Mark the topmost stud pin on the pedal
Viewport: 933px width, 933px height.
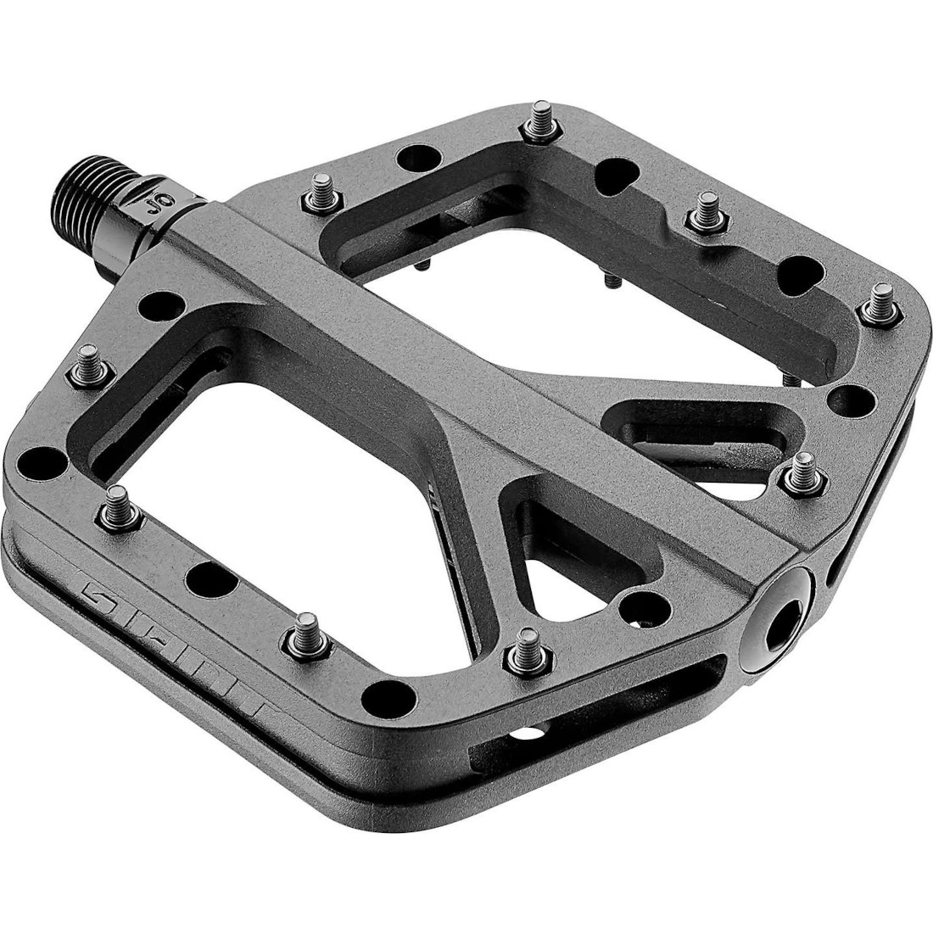click(x=535, y=127)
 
